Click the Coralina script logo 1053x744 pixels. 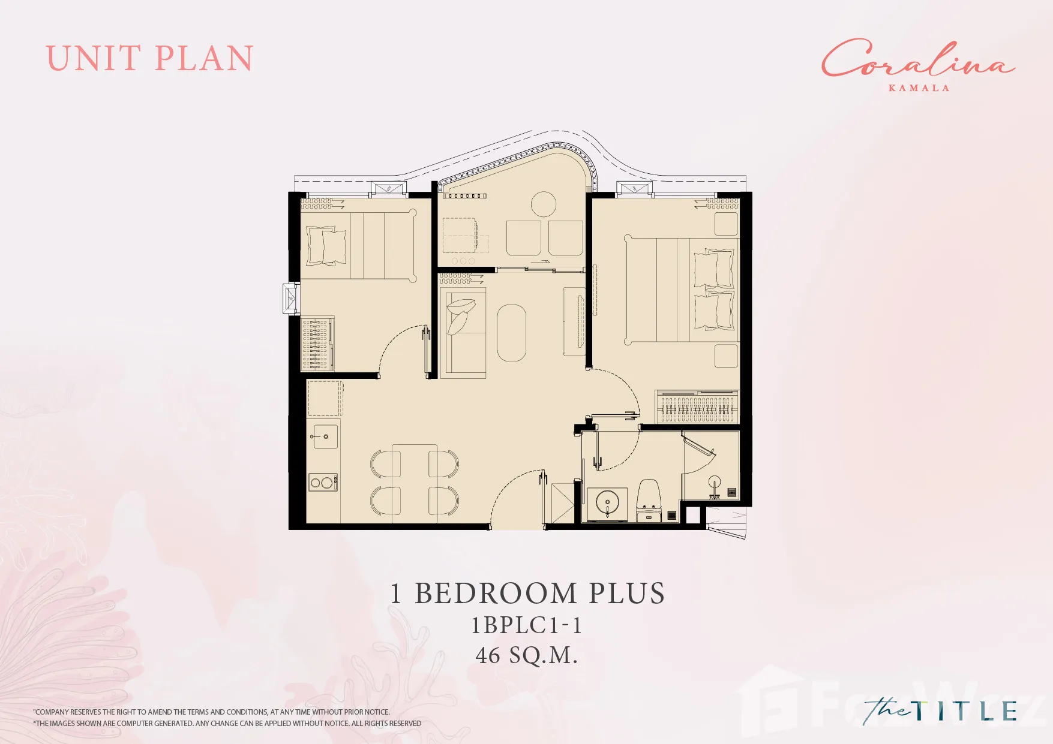click(x=917, y=59)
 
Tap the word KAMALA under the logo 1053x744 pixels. click(x=919, y=88)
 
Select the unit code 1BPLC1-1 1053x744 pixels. click(x=526, y=625)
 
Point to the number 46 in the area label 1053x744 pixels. click(x=488, y=655)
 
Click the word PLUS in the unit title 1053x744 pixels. click(x=626, y=594)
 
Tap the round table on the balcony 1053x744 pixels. click(x=544, y=204)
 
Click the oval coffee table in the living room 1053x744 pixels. click(x=511, y=333)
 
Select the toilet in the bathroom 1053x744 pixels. click(x=649, y=500)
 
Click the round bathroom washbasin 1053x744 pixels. click(x=607, y=502)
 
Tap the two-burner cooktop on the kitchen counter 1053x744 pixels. click(x=323, y=482)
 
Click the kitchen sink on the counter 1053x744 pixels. click(x=324, y=436)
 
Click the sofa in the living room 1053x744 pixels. click(x=463, y=333)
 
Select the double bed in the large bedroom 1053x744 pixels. click(x=682, y=291)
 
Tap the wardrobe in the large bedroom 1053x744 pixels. click(x=697, y=406)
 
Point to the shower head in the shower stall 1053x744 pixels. click(x=714, y=481)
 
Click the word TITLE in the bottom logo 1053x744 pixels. click(x=965, y=710)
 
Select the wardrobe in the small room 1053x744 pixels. click(x=317, y=344)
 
